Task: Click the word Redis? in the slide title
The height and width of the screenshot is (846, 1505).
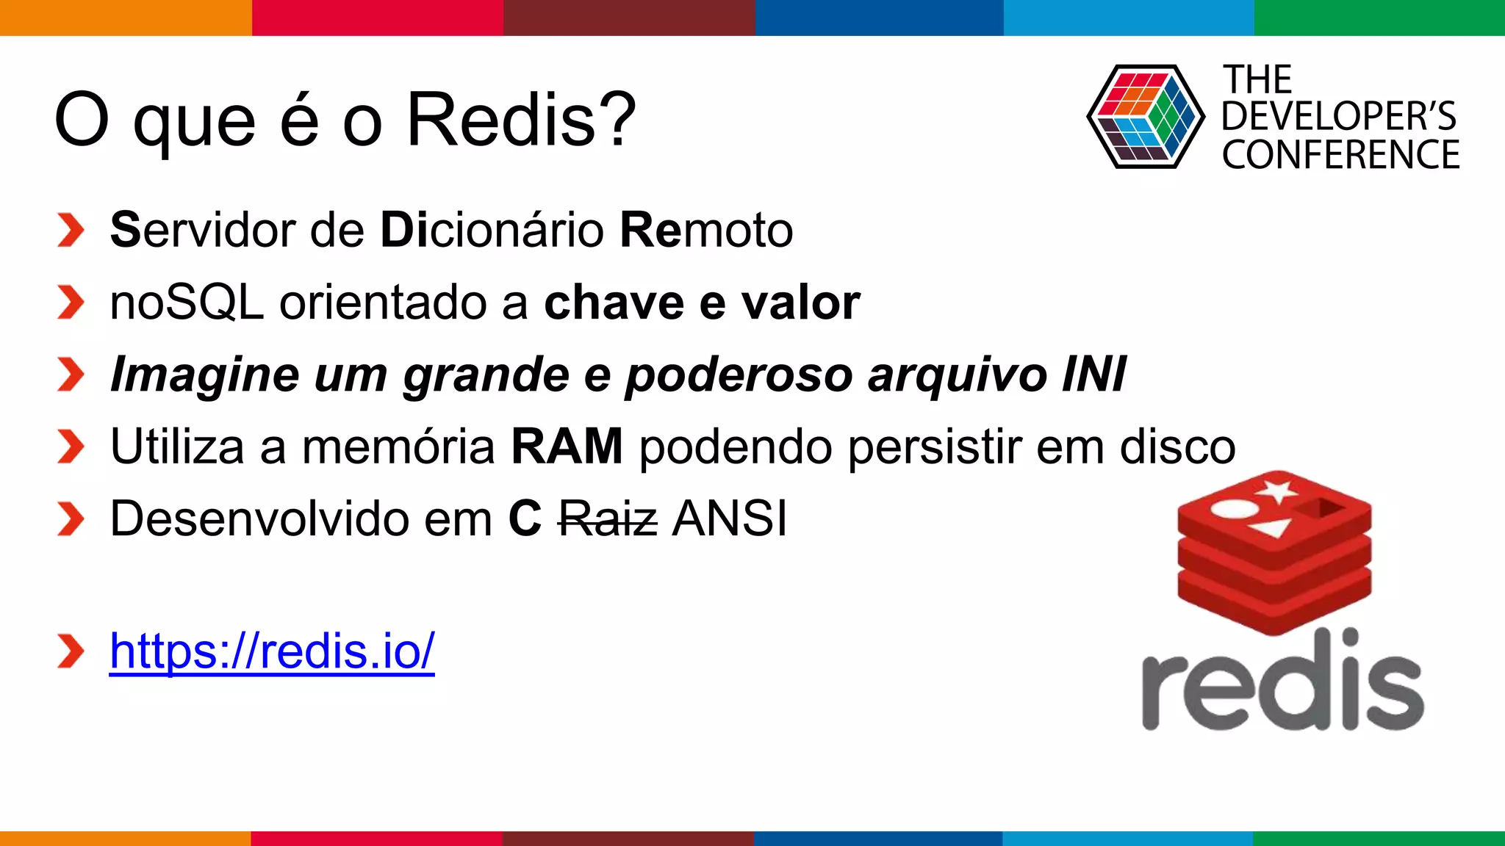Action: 521,120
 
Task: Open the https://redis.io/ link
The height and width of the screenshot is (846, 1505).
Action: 272,651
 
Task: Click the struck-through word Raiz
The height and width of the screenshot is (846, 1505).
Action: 608,518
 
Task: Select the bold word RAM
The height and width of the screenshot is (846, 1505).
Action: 567,446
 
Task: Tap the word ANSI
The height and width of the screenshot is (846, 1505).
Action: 730,518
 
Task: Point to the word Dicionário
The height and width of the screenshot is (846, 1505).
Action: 492,230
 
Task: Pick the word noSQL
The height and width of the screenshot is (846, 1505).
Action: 187,303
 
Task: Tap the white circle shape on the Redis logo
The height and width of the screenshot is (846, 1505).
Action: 1235,508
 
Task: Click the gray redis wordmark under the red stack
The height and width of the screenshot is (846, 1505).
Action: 1282,683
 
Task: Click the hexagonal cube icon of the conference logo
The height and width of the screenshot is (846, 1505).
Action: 1145,117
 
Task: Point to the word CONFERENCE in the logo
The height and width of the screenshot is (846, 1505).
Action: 1340,155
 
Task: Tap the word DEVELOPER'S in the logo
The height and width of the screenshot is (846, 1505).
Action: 1338,117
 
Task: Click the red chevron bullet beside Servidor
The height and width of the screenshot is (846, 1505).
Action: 71,231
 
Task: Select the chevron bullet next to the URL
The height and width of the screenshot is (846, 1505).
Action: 71,651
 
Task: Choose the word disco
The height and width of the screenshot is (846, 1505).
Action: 1177,446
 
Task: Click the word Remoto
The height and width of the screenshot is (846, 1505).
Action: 706,230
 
